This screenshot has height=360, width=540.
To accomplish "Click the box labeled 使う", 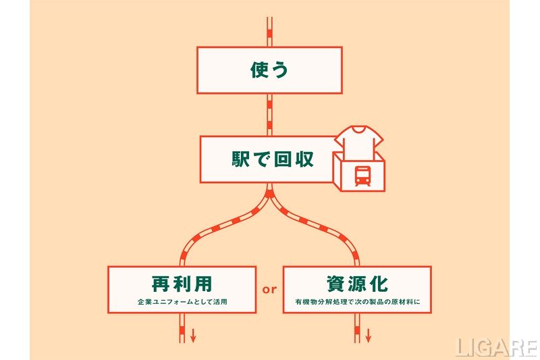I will point(269,70).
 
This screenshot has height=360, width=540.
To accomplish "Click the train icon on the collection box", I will point(362,176).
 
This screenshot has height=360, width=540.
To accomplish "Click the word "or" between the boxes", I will point(269,290).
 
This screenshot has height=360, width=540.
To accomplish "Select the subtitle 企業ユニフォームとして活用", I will point(182,301).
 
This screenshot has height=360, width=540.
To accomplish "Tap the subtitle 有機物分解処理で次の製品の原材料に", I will point(357,301).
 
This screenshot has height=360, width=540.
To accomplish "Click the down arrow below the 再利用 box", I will point(193,335).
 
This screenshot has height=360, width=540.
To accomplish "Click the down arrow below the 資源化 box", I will point(368,335).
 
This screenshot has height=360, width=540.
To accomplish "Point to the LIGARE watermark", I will point(495,347).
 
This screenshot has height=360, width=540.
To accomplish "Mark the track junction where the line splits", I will point(269,196).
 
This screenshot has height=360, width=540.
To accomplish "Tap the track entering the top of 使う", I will point(269,30).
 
